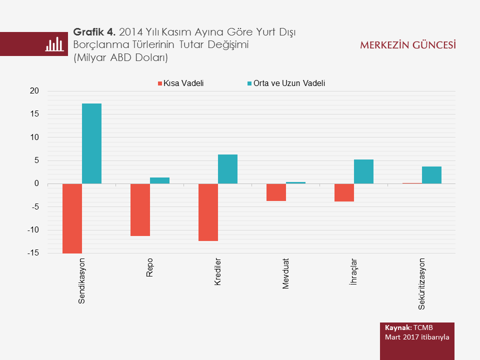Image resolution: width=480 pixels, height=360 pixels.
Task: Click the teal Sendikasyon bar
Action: coord(91,143)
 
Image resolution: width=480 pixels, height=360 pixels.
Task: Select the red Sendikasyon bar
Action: coord(72,218)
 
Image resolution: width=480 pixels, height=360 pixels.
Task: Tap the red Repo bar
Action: coord(140,209)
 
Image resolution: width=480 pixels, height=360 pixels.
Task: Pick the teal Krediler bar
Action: coord(227,169)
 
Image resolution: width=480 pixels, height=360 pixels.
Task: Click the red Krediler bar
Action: coord(208,212)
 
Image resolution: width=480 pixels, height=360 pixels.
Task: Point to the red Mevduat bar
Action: coord(276,192)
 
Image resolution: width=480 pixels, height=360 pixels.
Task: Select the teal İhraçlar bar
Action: coord(363,171)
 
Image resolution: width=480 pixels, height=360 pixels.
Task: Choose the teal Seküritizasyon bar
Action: coord(431,175)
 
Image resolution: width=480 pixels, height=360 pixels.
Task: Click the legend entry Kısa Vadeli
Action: coord(183,83)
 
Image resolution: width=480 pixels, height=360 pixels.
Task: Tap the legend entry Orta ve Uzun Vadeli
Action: coord(289,83)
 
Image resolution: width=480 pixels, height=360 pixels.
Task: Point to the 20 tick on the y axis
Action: coord(34,91)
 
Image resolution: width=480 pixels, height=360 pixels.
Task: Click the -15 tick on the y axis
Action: coord(33,253)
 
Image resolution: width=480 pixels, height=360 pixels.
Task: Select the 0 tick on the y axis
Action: coord(36,184)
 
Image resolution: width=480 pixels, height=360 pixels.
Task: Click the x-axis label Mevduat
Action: coord(286,274)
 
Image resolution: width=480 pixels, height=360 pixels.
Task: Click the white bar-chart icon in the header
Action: coord(54,44)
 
